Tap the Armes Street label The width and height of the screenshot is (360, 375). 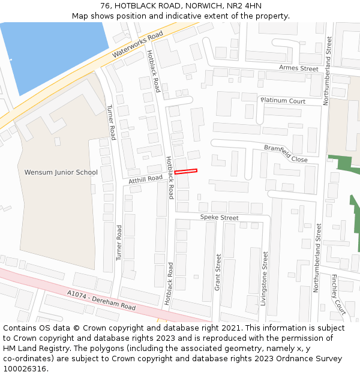pyautogui.click(x=299, y=68)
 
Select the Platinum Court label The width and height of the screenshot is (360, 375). pyautogui.click(x=283, y=101)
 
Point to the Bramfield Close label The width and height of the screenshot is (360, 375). pyautogui.click(x=286, y=154)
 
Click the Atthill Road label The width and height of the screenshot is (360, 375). pyautogui.click(x=146, y=179)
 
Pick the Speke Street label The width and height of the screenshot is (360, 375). pyautogui.click(x=219, y=217)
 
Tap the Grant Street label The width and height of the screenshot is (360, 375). pyautogui.click(x=218, y=272)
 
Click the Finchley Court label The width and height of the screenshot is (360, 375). pyautogui.click(x=338, y=295)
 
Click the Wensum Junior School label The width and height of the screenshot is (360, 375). pyautogui.click(x=61, y=173)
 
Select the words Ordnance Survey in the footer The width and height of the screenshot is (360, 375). pyautogui.click(x=311, y=358)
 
